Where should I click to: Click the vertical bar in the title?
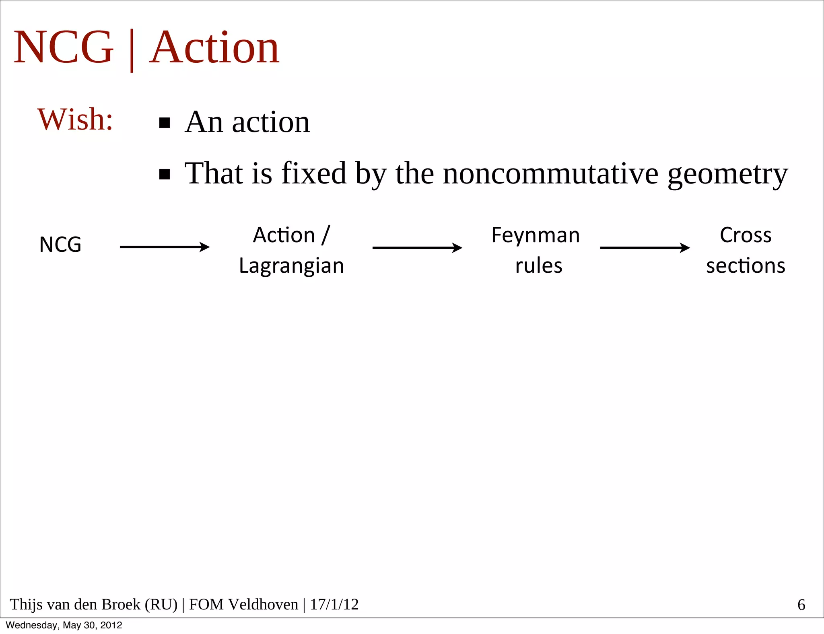click(132, 50)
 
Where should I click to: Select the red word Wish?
click(75, 119)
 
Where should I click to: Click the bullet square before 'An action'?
click(165, 123)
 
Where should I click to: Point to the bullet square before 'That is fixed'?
click(165, 174)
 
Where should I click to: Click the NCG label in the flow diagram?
click(60, 245)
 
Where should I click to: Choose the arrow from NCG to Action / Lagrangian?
click(165, 247)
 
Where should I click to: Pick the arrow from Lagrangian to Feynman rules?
click(417, 247)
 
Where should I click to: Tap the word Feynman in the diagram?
click(536, 235)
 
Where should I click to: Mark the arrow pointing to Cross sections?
click(645, 247)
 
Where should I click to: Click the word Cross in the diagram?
click(746, 235)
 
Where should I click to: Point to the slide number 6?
click(801, 605)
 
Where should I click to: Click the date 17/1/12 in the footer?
click(334, 605)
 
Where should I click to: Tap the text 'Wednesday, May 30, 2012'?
click(64, 625)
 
